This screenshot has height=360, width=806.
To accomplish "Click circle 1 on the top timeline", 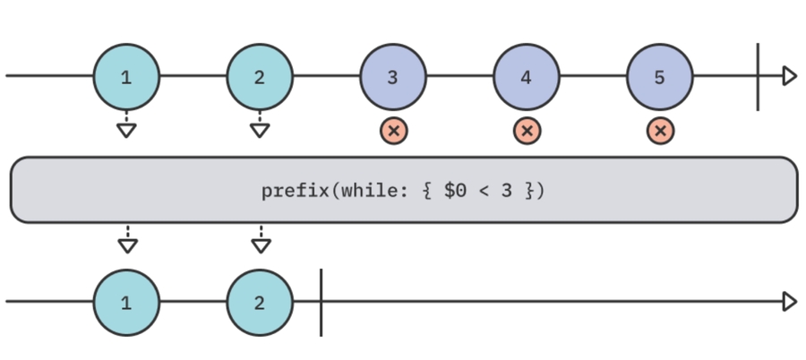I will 126,77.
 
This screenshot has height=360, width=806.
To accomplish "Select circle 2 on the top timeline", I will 260,77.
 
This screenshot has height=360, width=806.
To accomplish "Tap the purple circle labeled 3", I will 393,77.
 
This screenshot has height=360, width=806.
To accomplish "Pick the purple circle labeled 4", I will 527,77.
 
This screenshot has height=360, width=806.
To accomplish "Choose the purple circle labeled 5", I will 660,77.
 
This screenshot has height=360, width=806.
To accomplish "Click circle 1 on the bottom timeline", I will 126,302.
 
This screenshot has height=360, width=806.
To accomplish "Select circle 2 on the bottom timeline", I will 260,302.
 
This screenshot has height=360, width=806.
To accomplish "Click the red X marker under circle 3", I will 393,131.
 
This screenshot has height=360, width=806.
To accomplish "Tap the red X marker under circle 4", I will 527,131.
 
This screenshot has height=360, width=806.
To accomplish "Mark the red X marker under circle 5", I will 660,131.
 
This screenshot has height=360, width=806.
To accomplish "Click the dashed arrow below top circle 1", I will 126,126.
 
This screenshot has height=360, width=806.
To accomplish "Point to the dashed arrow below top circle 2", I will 260,126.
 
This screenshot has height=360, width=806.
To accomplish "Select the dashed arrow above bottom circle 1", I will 127,239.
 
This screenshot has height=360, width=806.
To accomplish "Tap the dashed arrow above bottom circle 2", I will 261,239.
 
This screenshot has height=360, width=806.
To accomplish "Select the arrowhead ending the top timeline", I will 789,76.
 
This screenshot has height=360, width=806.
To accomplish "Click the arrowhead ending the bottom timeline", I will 789,302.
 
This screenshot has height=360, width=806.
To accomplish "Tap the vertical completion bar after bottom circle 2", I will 321,302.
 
